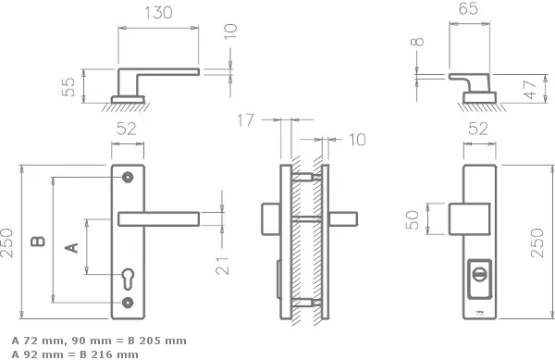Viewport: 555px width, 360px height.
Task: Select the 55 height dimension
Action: (68, 88)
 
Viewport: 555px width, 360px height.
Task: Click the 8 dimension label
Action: (419, 42)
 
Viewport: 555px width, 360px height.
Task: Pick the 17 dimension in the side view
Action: (244, 119)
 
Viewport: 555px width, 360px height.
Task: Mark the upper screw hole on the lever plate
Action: (128, 177)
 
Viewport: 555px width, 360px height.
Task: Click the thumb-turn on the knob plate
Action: (479, 275)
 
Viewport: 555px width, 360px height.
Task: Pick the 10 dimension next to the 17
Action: (356, 139)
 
